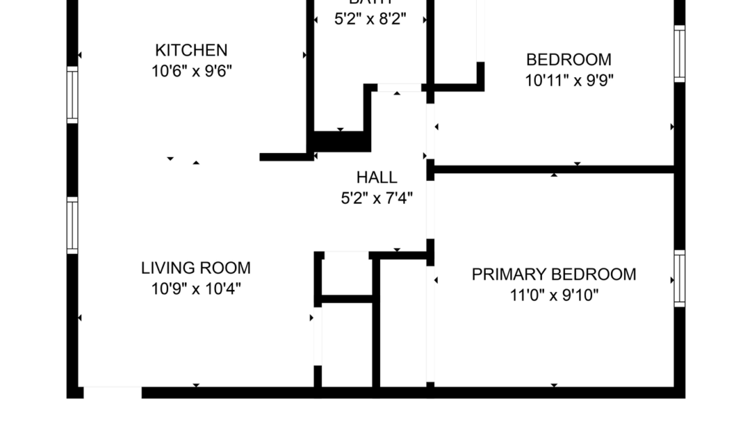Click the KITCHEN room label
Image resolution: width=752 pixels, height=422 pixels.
tap(191, 50)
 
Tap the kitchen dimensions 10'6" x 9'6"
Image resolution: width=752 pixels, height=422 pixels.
tap(191, 71)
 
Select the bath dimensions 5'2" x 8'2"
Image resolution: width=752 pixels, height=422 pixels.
tap(370, 20)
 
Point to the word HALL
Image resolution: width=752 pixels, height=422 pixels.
tap(377, 177)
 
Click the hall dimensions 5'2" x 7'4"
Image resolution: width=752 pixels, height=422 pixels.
tap(377, 198)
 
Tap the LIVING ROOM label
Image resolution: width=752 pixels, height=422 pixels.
tap(196, 268)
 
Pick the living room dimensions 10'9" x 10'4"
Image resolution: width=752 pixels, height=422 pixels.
tap(196, 289)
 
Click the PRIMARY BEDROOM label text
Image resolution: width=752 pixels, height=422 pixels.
tap(553, 274)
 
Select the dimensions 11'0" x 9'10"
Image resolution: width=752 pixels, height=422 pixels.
tap(553, 296)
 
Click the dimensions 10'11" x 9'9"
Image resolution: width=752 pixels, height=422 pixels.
tap(569, 81)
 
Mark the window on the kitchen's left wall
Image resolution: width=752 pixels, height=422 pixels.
tap(72, 95)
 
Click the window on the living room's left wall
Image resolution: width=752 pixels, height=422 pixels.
tap(72, 225)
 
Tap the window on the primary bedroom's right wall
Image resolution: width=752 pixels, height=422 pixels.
tap(680, 278)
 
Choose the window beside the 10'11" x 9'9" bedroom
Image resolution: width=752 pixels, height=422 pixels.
tap(680, 54)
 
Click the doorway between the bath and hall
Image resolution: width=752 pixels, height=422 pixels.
tap(399, 87)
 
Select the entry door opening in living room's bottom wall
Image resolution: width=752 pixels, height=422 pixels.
tap(112, 392)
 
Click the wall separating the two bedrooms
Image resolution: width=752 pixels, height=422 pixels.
tap(553, 169)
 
